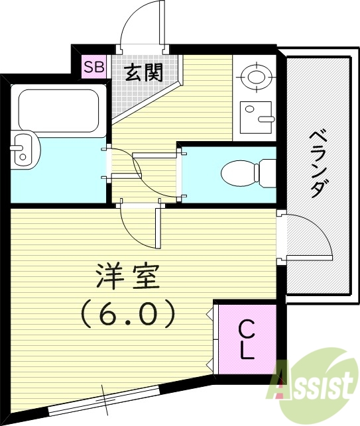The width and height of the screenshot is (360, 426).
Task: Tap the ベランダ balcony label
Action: [316, 162]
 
